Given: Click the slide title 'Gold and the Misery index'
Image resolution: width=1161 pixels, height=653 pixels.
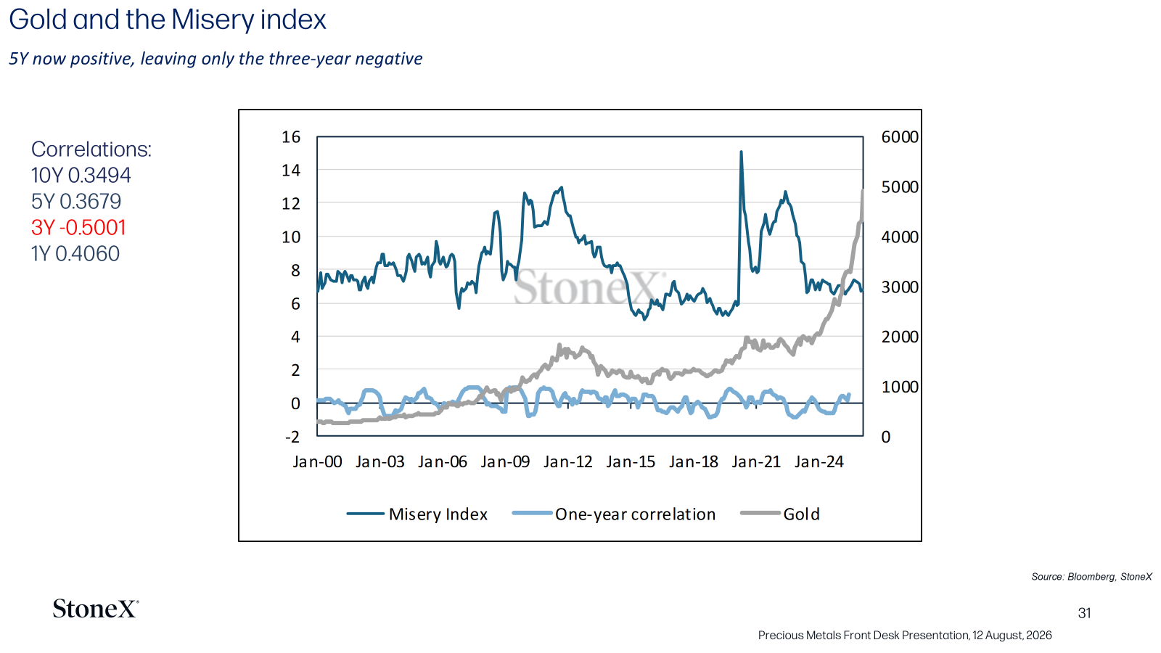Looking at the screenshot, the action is pyautogui.click(x=168, y=21).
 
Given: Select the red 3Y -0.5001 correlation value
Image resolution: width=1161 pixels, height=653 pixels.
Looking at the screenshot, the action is pyautogui.click(x=78, y=228).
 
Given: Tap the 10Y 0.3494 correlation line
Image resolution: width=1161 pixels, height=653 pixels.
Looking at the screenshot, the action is pyautogui.click(x=81, y=175).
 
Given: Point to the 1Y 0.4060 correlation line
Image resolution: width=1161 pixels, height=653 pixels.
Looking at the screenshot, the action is pyautogui.click(x=75, y=253).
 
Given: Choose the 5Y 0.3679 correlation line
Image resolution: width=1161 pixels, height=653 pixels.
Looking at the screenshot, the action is pyautogui.click(x=76, y=201).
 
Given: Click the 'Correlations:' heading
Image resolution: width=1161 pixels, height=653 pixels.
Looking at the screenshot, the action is pyautogui.click(x=91, y=149).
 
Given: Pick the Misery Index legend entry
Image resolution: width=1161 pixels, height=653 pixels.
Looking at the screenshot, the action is pyautogui.click(x=417, y=514).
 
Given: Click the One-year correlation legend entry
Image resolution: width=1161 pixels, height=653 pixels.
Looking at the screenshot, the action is pyautogui.click(x=614, y=514).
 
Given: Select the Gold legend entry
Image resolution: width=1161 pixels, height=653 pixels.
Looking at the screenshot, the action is pyautogui.click(x=780, y=514).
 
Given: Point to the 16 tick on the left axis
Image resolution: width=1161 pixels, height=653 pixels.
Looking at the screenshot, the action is pyautogui.click(x=291, y=137).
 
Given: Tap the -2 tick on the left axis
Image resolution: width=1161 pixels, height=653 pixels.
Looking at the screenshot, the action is pyautogui.click(x=292, y=436).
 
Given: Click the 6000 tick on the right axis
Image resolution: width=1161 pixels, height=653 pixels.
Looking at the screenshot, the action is pyautogui.click(x=900, y=137).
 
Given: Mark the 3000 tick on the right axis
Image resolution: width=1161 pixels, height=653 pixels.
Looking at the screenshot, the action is pyautogui.click(x=900, y=287).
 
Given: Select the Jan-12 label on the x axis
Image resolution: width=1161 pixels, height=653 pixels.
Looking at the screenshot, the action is pyautogui.click(x=567, y=461).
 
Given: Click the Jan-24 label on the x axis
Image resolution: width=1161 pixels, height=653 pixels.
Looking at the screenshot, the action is pyautogui.click(x=819, y=461).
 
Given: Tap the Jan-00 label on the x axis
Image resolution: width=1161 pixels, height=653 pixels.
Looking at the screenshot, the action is pyautogui.click(x=317, y=461).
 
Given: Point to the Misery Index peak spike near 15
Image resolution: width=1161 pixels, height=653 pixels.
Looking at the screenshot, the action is pyautogui.click(x=741, y=152).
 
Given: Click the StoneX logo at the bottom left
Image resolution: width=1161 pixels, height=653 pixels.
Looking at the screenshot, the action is pyautogui.click(x=95, y=609).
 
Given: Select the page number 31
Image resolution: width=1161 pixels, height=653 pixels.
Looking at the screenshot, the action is pyautogui.click(x=1084, y=613).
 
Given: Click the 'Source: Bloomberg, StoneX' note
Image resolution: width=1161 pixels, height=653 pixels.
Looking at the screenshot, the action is pyautogui.click(x=1091, y=577).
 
